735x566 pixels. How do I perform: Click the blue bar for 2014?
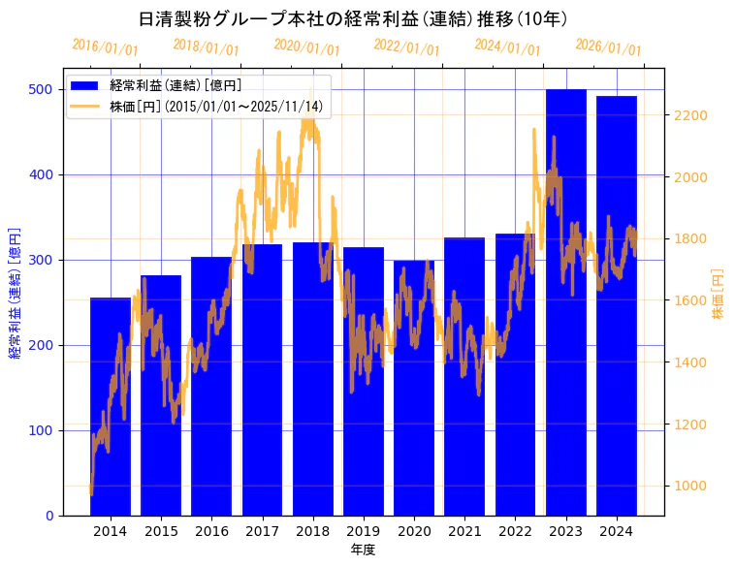[111, 407]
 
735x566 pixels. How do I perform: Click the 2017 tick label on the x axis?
[262, 531]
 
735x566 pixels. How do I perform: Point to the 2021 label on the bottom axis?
[464, 531]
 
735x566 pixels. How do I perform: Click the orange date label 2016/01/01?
[105, 47]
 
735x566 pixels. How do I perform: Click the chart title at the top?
[353, 18]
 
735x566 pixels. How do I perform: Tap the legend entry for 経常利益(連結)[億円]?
[176, 87]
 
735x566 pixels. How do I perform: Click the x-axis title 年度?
[363, 550]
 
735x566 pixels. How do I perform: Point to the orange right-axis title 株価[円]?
[719, 295]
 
